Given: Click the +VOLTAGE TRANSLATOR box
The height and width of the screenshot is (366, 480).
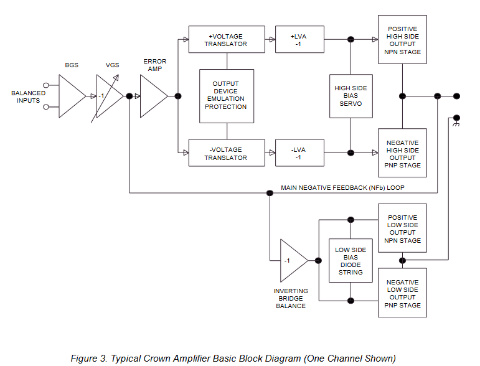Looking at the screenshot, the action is click(x=227, y=39).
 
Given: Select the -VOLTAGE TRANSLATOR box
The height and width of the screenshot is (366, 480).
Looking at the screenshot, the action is click(x=227, y=153).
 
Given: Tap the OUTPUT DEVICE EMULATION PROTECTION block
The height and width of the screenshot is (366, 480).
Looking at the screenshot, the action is click(x=227, y=96).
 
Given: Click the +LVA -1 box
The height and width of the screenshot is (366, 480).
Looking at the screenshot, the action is click(x=299, y=39).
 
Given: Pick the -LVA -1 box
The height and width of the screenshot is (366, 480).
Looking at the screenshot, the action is click(x=299, y=153).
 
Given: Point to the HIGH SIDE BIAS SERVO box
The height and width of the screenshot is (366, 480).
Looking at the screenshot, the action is click(x=351, y=96).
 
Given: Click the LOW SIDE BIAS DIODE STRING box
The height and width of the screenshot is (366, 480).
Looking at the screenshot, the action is click(x=351, y=260).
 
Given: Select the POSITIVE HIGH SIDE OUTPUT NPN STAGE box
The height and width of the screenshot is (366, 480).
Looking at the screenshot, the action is click(x=402, y=39).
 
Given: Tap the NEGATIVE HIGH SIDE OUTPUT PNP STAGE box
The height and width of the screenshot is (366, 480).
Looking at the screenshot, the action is click(x=402, y=153).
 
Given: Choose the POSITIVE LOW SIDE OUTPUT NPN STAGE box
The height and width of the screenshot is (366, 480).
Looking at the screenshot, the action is click(x=402, y=228).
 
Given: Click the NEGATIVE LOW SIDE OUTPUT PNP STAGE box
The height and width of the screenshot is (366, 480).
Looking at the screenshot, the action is click(x=402, y=293).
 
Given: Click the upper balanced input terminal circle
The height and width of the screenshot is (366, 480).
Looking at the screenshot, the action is click(x=46, y=85).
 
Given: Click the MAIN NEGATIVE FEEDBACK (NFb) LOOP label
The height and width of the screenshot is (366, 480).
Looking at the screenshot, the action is click(x=342, y=187).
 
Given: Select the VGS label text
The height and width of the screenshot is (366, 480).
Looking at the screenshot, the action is click(x=112, y=65).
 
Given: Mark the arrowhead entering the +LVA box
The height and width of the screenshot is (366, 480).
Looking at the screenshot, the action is click(x=273, y=39).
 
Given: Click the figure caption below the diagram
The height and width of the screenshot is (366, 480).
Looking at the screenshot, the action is click(x=233, y=359).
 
